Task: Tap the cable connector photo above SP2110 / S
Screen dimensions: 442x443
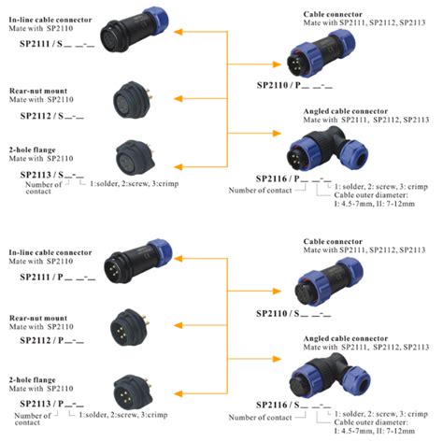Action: click(x=322, y=278)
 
